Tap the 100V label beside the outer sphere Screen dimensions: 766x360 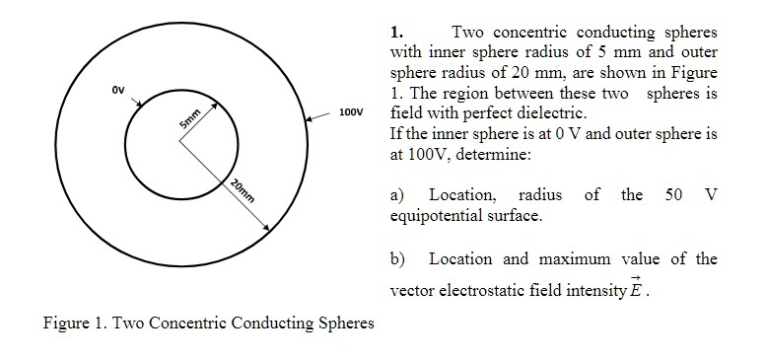click(352, 112)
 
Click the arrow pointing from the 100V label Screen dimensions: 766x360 click(319, 115)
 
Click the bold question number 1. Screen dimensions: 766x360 click(396, 32)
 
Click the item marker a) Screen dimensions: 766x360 click(399, 194)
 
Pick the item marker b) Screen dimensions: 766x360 click(399, 258)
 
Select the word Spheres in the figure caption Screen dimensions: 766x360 click(345, 323)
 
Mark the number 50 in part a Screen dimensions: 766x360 click(674, 194)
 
